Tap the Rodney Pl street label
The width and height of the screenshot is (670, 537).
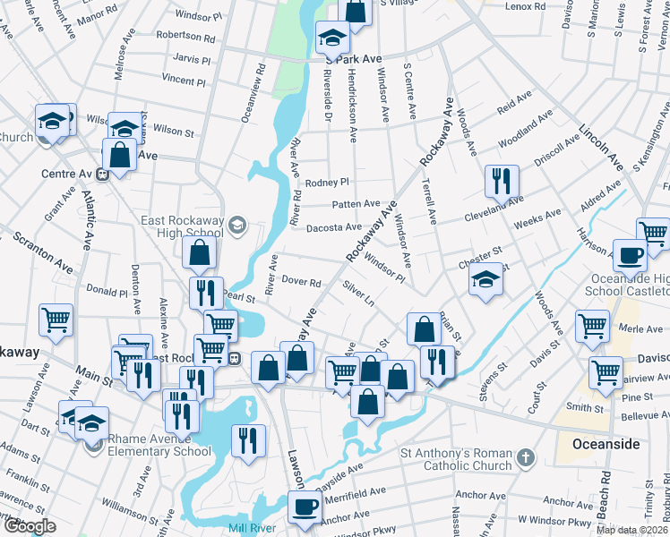[x=326, y=183]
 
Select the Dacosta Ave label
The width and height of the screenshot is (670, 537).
[x=333, y=227]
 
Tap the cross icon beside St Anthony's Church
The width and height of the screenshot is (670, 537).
[x=526, y=458]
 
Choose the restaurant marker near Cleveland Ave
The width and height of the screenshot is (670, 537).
[x=502, y=182]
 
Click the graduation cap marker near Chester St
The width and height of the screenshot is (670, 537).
[x=485, y=279]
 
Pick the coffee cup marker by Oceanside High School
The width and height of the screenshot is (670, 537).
[x=630, y=255]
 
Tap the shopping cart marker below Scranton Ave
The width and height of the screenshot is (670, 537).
[x=56, y=320]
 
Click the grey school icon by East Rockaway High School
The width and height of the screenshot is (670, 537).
[x=237, y=224]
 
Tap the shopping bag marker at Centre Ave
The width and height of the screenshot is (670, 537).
[x=119, y=155]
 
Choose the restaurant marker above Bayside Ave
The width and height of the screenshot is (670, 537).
[x=248, y=440]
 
